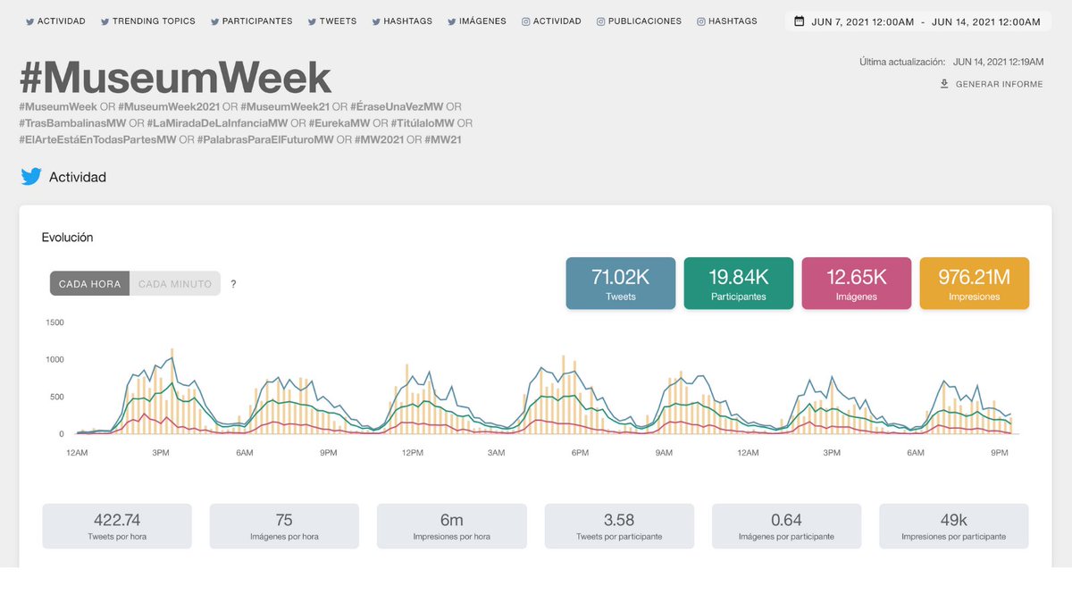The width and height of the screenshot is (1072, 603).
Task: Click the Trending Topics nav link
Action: tap(147, 21)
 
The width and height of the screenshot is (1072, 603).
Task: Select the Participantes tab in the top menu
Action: tap(251, 21)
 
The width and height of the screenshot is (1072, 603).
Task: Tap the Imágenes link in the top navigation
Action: tap(476, 21)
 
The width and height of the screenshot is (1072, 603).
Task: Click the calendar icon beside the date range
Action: tap(800, 21)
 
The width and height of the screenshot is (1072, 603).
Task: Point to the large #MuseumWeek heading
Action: tap(175, 79)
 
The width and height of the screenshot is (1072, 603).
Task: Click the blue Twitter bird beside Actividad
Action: tap(31, 177)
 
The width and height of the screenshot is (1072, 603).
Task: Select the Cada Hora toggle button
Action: tap(89, 284)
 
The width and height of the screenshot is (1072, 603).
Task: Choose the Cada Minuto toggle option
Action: tap(175, 284)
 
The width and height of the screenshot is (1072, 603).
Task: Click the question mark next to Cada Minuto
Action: tap(233, 284)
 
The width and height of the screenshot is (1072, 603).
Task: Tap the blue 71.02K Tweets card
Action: tap(620, 283)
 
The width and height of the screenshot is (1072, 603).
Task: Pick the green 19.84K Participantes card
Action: tap(738, 283)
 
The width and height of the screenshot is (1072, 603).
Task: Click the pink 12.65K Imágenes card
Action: tap(857, 283)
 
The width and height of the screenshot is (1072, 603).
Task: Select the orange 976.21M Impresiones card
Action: tap(974, 283)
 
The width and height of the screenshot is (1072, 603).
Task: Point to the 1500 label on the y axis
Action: tap(54, 322)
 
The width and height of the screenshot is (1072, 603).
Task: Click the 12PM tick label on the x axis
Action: tap(412, 453)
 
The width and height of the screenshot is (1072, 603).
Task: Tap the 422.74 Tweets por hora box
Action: tap(117, 526)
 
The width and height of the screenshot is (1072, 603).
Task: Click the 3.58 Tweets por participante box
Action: tap(619, 526)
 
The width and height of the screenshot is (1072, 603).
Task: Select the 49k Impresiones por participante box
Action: tap(953, 526)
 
